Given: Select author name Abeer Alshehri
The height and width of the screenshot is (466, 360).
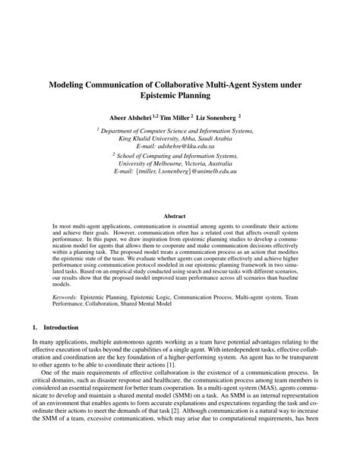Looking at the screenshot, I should pos(133,118).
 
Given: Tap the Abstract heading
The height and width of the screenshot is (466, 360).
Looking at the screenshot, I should pos(179,217).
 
